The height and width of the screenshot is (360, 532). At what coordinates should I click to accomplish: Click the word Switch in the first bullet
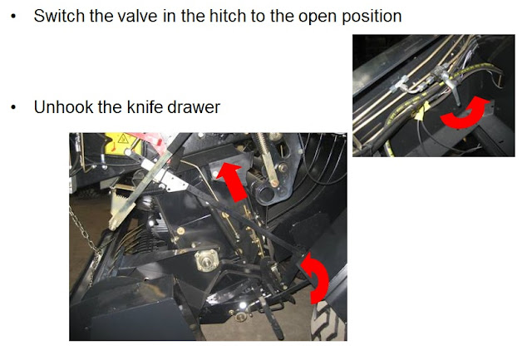[59, 16]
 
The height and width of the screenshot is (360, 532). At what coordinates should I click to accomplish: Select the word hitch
[228, 16]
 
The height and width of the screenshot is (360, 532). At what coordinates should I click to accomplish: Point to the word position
[372, 17]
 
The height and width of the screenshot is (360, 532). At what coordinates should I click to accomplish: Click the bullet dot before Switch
[13, 17]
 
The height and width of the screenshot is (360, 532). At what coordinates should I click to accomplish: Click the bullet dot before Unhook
[13, 107]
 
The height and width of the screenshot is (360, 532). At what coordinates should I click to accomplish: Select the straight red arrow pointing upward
[233, 182]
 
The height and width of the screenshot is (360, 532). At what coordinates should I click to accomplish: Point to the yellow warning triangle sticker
[123, 139]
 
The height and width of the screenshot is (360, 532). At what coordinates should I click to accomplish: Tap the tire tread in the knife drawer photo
[328, 321]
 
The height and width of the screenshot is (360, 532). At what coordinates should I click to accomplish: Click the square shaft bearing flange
[206, 260]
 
